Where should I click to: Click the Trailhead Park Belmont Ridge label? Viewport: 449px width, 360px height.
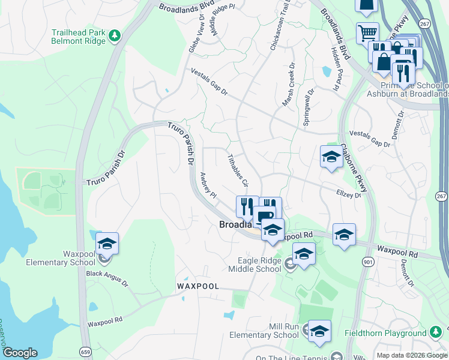[79, 37]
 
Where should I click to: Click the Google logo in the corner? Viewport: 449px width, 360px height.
[20, 353]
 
